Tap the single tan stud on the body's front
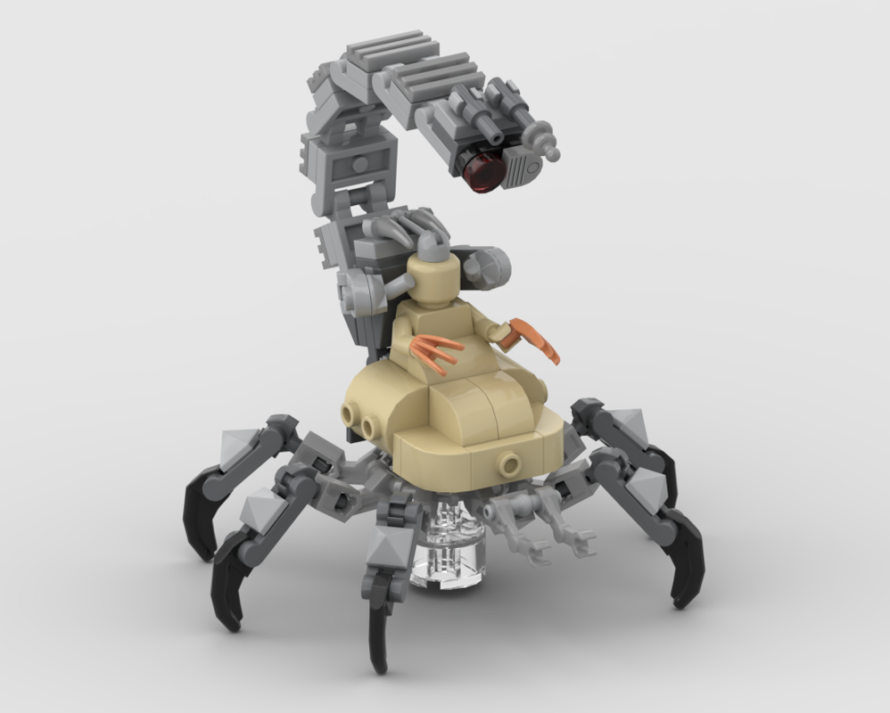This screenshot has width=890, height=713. pos(510,463)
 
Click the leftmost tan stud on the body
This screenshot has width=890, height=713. pos(349,412)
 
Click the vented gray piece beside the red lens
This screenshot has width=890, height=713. pos(524,166)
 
